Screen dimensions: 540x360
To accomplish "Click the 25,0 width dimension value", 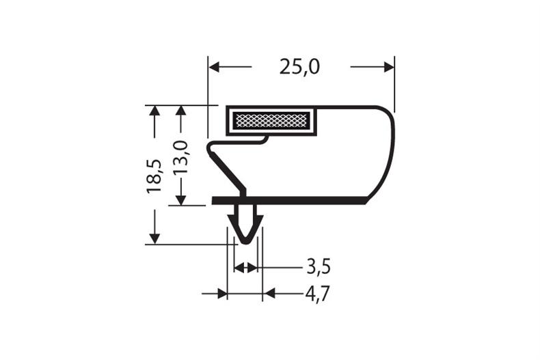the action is [299, 67].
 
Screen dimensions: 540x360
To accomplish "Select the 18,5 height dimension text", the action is [154, 176].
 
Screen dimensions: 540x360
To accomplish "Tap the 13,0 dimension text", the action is [181, 157].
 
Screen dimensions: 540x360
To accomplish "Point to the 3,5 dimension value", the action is [319, 266].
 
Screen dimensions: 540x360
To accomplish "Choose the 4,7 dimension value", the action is [318, 294].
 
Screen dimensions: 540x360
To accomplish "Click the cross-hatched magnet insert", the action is [271, 120].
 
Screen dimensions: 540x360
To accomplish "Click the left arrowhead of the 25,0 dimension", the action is [214, 67].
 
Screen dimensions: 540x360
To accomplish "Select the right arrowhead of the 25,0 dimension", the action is [389, 67].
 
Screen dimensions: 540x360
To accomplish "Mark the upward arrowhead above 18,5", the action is [154, 111].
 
